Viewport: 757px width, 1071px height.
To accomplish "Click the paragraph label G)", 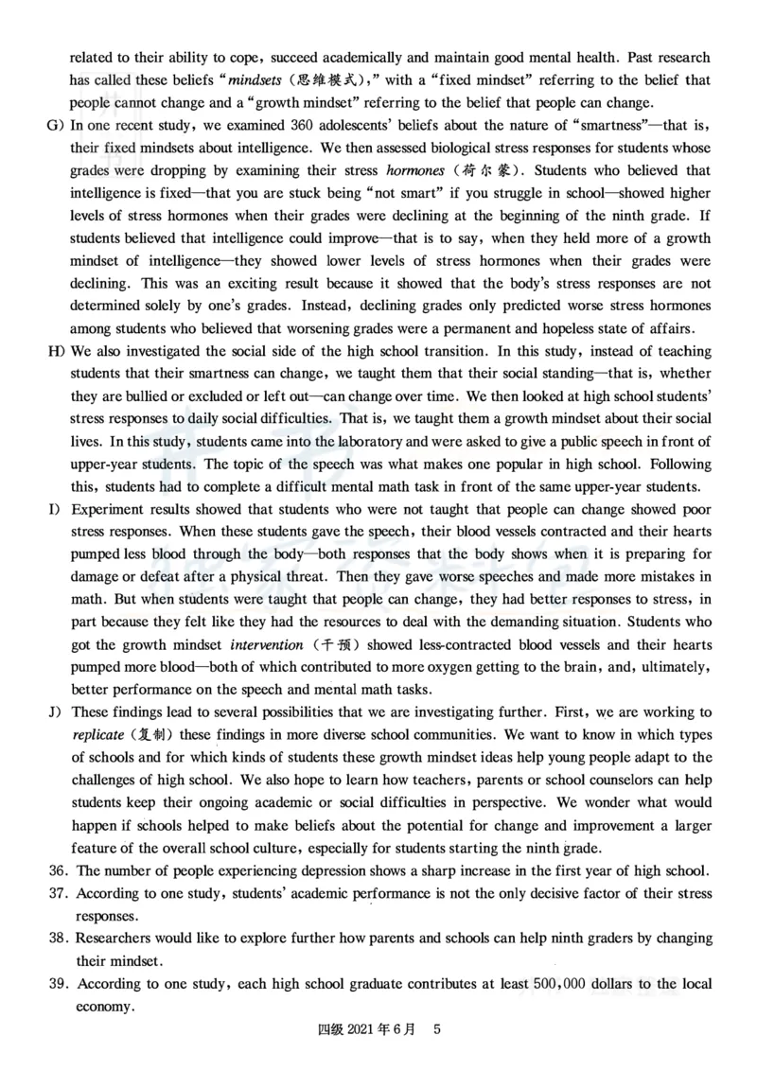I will click(53, 124).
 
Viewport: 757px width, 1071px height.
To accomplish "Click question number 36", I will click(59, 870).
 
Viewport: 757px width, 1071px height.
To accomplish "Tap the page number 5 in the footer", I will click(436, 1027).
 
